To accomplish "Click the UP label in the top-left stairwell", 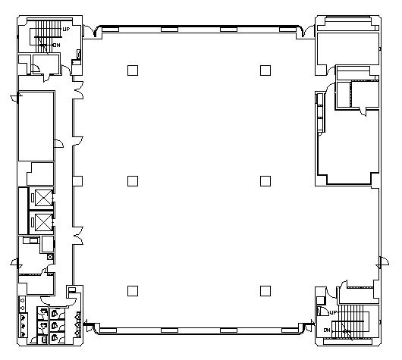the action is click(x=66, y=30).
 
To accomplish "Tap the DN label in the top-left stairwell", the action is click(x=57, y=45).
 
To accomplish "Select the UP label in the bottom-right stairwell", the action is click(x=333, y=312).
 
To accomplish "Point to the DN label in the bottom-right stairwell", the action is click(x=327, y=330).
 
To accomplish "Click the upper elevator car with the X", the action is click(x=43, y=198).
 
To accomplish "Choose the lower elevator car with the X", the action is click(x=43, y=222).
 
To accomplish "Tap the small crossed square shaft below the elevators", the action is click(x=50, y=257).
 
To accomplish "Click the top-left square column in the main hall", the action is click(x=133, y=70).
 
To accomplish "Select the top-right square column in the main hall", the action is click(x=265, y=70).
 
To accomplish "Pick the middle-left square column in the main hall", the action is click(x=133, y=181).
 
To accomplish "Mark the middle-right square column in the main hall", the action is click(x=265, y=181).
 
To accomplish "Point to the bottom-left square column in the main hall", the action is click(x=133, y=291).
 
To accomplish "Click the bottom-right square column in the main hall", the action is click(x=265, y=291).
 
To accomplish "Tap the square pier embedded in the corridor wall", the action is click(x=77, y=181).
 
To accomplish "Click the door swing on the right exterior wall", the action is click(x=383, y=263).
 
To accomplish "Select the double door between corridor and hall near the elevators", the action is click(x=78, y=236).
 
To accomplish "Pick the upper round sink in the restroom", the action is click(x=22, y=301).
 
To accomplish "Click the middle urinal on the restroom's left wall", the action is click(x=24, y=326).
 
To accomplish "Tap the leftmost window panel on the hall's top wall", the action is click(x=111, y=30).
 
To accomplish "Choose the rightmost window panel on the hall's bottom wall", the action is click(x=291, y=330).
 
